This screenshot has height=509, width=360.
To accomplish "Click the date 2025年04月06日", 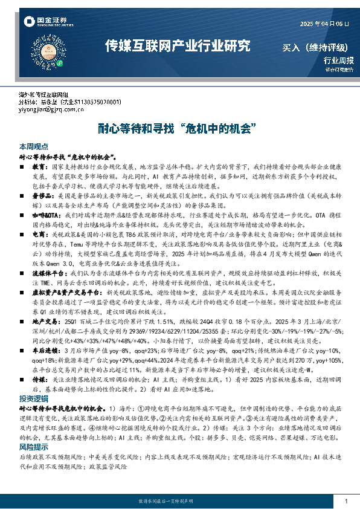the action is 324,24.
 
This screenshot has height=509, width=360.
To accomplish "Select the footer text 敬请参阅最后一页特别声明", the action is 179,502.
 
